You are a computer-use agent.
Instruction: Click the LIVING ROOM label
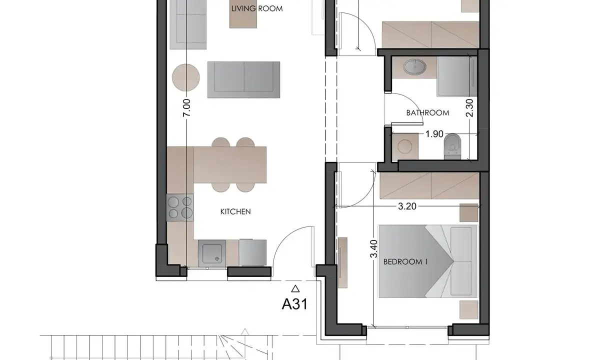pyautogui.click(x=257, y=8)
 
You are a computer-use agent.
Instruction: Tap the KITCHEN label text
pyautogui.click(x=235, y=212)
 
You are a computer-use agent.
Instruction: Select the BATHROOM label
pyautogui.click(x=428, y=113)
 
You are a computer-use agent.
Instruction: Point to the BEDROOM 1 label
pyautogui.click(x=405, y=261)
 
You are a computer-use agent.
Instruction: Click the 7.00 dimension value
pyautogui.click(x=187, y=107)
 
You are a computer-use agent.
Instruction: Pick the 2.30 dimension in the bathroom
pyautogui.click(x=469, y=108)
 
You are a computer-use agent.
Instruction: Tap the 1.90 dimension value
pyautogui.click(x=434, y=134)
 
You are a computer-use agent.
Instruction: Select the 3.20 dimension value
pyautogui.click(x=407, y=206)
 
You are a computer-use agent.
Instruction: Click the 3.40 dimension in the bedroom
pyautogui.click(x=373, y=249)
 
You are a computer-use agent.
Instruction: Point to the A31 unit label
pyautogui.click(x=294, y=304)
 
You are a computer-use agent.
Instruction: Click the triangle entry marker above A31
pyautogui.click(x=295, y=288)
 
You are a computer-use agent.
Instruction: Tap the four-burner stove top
pyautogui.click(x=179, y=207)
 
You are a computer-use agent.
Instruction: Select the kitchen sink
pyautogui.click(x=212, y=253)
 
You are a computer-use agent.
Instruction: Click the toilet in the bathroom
pyautogui.click(x=452, y=146)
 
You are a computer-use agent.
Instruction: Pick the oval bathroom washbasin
pyautogui.click(x=414, y=66)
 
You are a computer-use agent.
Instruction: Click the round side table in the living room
pyautogui.click(x=186, y=77)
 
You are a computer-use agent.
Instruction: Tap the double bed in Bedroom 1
pyautogui.click(x=428, y=261)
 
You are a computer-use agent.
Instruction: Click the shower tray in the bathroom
pyautogui.click(x=456, y=76)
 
